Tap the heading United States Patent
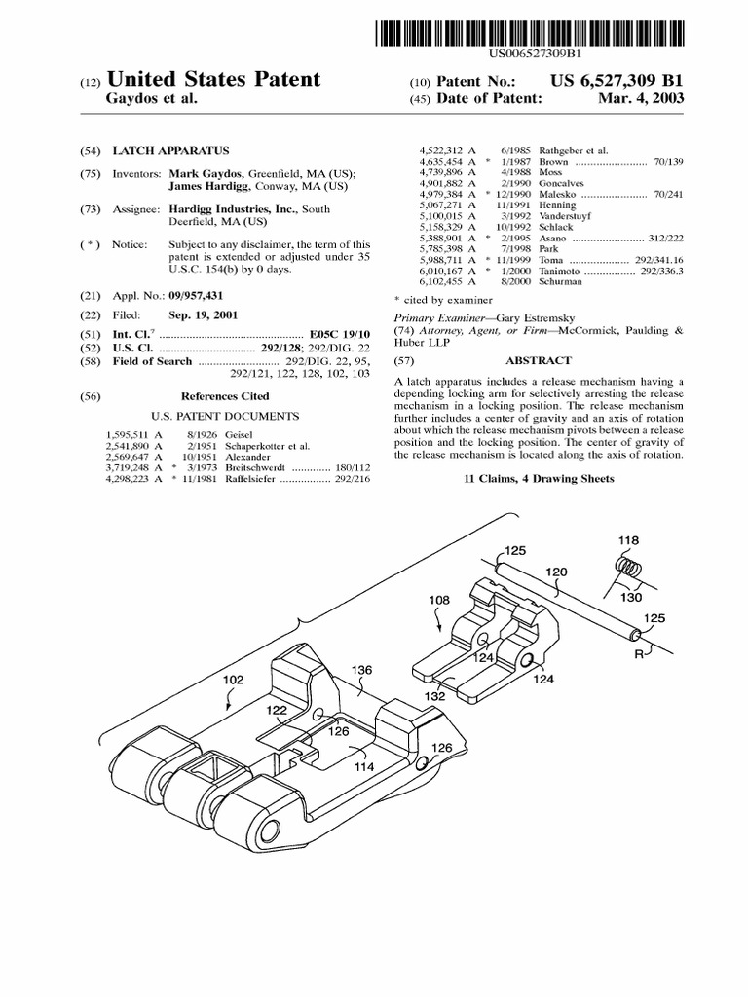pyautogui.click(x=213, y=79)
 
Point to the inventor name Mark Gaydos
pyautogui.click(x=204, y=174)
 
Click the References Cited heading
pyautogui.click(x=225, y=396)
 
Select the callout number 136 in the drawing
pyautogui.click(x=361, y=670)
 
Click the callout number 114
pyautogui.click(x=365, y=766)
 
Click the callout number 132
pyautogui.click(x=434, y=696)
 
